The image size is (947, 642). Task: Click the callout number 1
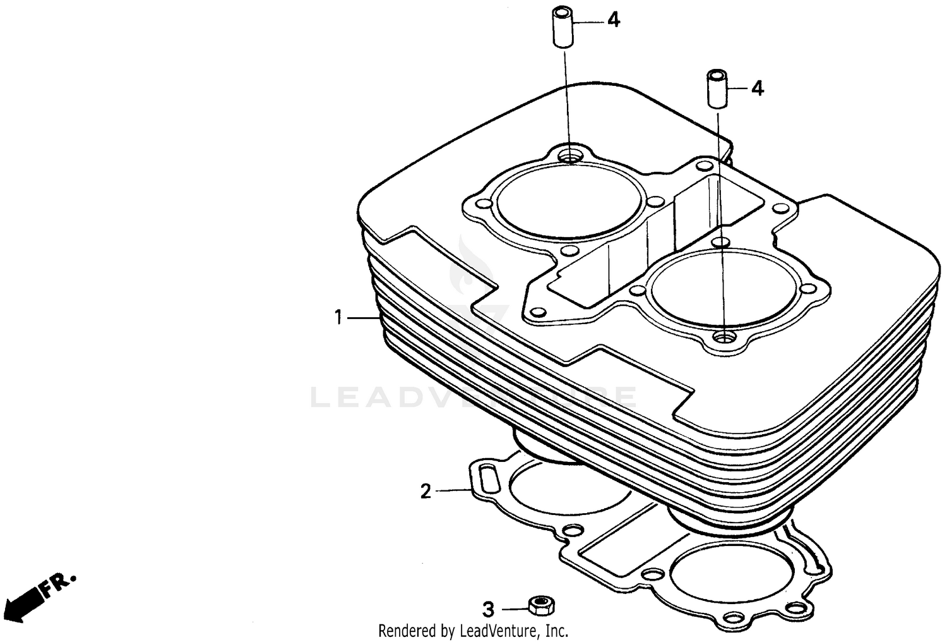pyautogui.click(x=338, y=317)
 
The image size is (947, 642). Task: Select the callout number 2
pyautogui.click(x=426, y=491)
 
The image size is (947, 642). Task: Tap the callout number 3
pyautogui.click(x=488, y=610)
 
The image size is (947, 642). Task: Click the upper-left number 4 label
pyautogui.click(x=614, y=20)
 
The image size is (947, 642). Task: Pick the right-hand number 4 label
pyautogui.click(x=757, y=88)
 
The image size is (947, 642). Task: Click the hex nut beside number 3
pyautogui.click(x=542, y=606)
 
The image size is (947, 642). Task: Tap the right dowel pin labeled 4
pyautogui.click(x=717, y=89)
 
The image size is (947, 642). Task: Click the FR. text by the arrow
pyautogui.click(x=59, y=585)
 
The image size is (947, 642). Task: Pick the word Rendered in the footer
pyautogui.click(x=407, y=631)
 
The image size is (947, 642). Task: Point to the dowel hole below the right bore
pyautogui.click(x=723, y=337)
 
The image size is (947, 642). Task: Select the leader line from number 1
pyautogui.click(x=363, y=317)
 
